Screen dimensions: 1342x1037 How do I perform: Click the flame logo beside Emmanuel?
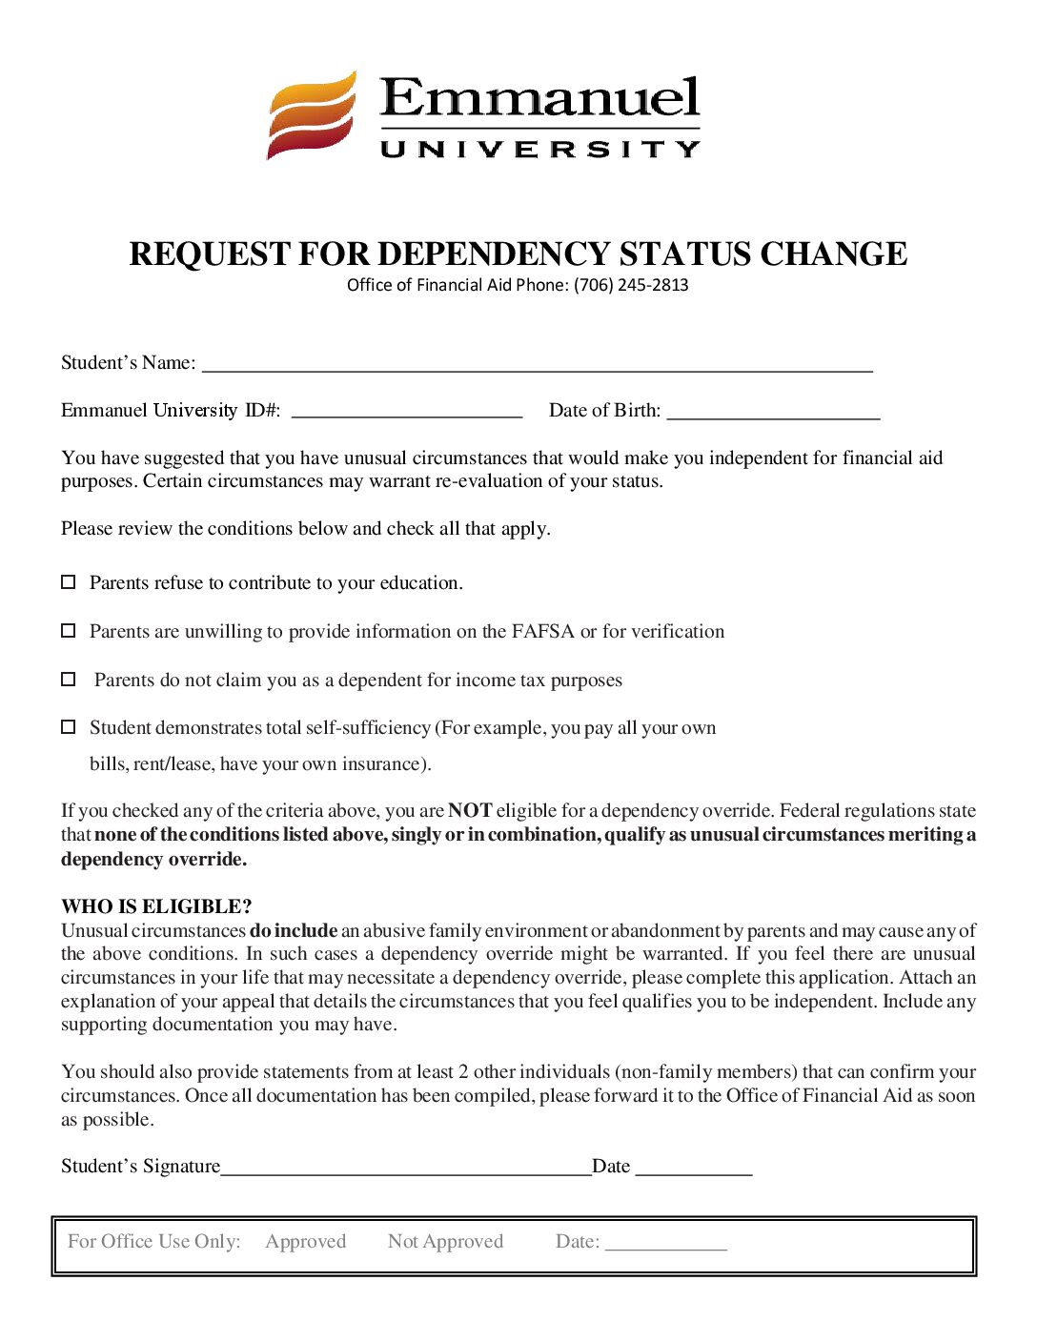(x=312, y=115)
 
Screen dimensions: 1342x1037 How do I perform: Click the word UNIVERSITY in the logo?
(x=539, y=150)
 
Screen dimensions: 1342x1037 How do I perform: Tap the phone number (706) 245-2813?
(x=631, y=285)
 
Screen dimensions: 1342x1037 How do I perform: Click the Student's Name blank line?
(x=537, y=364)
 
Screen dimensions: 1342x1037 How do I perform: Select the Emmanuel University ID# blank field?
(x=406, y=412)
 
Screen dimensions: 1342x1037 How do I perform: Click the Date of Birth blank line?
(x=773, y=412)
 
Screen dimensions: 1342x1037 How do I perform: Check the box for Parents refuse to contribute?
(x=69, y=582)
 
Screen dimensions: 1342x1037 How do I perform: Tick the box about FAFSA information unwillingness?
(x=69, y=631)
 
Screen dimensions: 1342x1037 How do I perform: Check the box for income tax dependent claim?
(x=69, y=680)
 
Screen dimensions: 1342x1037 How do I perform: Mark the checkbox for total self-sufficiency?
(x=69, y=727)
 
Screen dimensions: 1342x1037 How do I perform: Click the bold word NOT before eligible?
(x=470, y=811)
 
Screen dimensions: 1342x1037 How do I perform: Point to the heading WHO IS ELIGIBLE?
(x=156, y=906)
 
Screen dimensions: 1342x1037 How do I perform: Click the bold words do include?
(x=294, y=930)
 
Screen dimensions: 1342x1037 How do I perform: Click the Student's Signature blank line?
(x=406, y=1169)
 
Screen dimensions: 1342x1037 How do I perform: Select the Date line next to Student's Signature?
(x=694, y=1169)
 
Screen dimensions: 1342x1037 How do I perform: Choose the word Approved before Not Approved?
(x=306, y=1242)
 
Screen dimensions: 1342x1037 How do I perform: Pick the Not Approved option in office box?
(x=445, y=1242)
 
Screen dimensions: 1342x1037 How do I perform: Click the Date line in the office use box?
(x=665, y=1243)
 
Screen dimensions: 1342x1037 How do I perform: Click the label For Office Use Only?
(x=154, y=1242)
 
